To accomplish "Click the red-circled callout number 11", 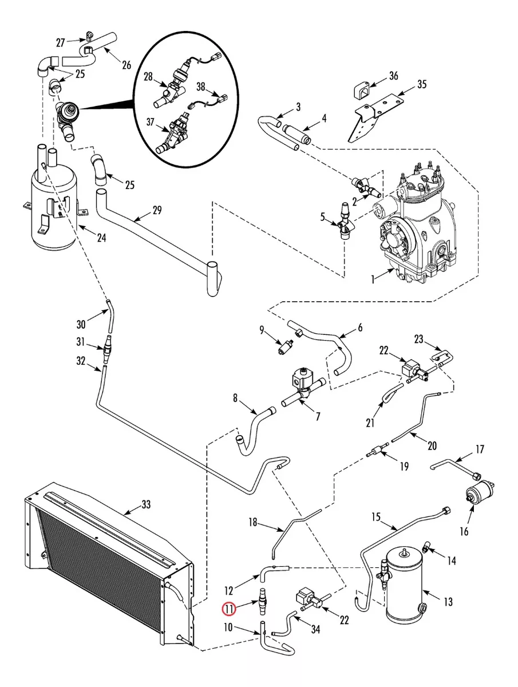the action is point(228,609).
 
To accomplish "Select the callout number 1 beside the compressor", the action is point(373,279).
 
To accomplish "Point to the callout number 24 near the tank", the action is point(101,238).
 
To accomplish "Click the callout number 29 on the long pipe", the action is point(157,210).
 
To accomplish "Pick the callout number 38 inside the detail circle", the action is point(201,86).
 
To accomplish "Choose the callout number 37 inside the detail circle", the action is point(151,122).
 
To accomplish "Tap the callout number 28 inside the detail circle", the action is point(148,77).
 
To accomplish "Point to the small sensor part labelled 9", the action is point(285,347).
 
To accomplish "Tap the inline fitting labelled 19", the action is point(378,451).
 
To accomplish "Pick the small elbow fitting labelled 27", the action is point(89,35).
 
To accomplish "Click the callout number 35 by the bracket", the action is point(422,84).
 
